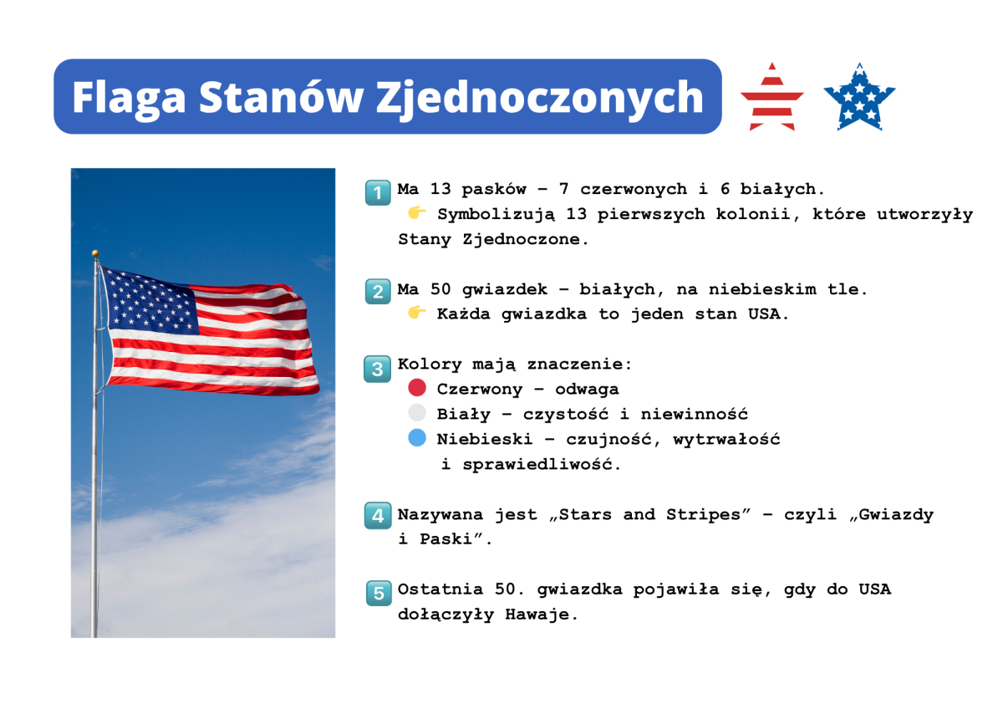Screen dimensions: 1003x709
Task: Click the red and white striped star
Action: coord(772,97)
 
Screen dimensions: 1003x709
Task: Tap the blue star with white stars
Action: coord(859,97)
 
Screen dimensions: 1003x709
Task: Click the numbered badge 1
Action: coord(378,192)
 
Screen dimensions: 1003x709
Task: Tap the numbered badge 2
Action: coord(378,292)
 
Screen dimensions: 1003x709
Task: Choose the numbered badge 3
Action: coord(378,369)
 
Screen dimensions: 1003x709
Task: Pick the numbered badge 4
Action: coord(378,516)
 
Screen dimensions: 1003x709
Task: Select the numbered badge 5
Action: coord(379,594)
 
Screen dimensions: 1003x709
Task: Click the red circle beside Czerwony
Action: coord(417,388)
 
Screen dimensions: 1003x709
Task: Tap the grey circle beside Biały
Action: coord(417,412)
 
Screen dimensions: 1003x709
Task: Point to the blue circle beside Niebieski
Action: coord(417,437)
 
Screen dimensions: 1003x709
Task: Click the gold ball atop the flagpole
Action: coord(95,253)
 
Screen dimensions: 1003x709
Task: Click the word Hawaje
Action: coord(542,614)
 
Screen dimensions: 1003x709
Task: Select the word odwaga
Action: coord(587,390)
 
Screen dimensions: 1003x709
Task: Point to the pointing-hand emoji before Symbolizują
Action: coord(416,212)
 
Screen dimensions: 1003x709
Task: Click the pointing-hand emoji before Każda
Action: coord(416,312)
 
